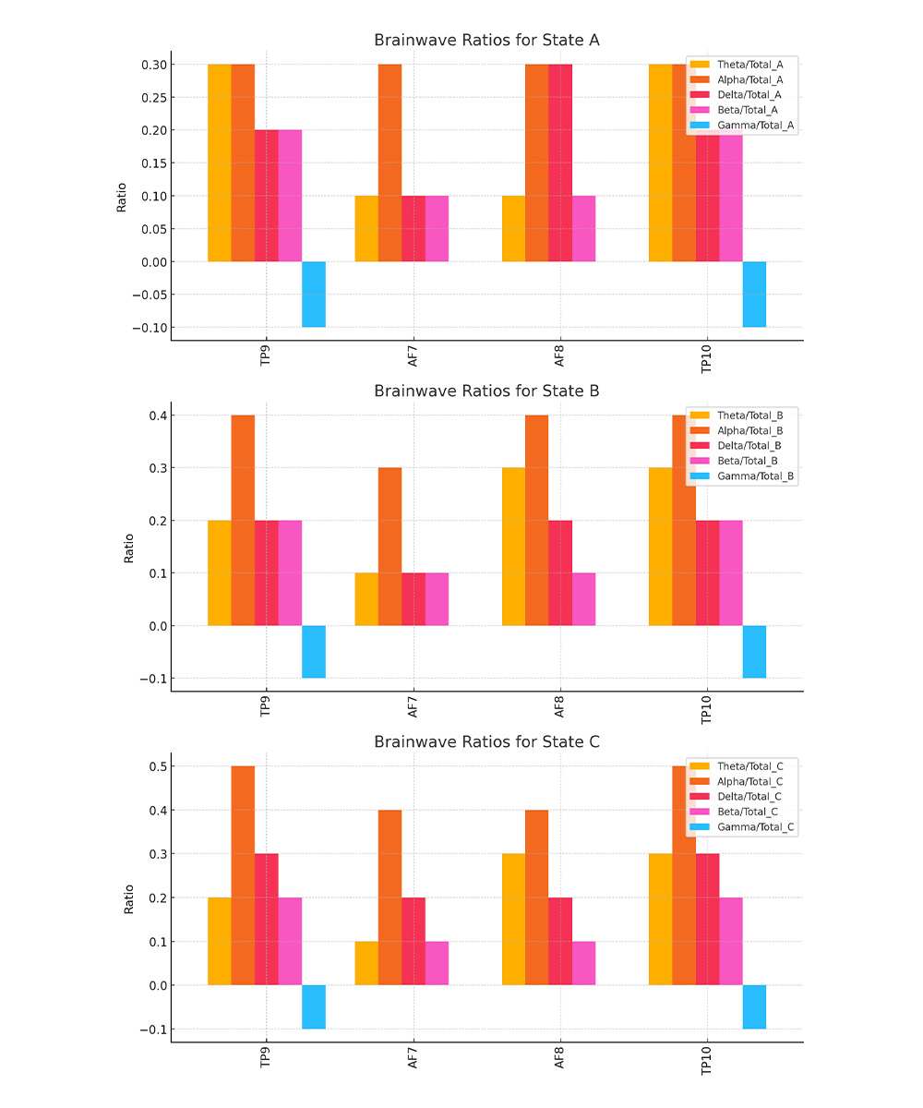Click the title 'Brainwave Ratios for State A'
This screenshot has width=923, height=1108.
click(x=486, y=41)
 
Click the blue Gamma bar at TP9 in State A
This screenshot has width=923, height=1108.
click(x=314, y=294)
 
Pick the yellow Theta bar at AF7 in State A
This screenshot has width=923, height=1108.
click(x=366, y=228)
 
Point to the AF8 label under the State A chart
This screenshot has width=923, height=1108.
click(x=560, y=359)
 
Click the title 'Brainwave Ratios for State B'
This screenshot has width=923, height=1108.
click(x=486, y=391)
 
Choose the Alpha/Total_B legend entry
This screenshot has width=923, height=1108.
click(x=749, y=430)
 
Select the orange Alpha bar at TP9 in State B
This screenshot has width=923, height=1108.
click(x=243, y=520)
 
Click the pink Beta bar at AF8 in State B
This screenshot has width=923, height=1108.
click(x=583, y=598)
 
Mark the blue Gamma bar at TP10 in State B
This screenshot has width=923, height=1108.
click(x=754, y=651)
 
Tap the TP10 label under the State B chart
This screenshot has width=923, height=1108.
click(x=707, y=710)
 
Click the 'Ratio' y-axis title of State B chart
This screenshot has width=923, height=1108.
click(x=129, y=548)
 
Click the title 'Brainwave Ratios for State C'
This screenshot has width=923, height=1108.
click(x=486, y=742)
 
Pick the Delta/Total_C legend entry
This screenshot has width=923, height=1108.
click(x=749, y=796)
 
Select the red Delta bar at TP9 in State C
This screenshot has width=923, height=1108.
click(x=267, y=919)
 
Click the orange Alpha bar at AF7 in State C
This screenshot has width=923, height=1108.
click(x=390, y=897)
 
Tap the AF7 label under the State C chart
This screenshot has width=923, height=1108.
click(x=413, y=1061)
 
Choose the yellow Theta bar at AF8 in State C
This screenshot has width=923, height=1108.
click(x=513, y=919)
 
